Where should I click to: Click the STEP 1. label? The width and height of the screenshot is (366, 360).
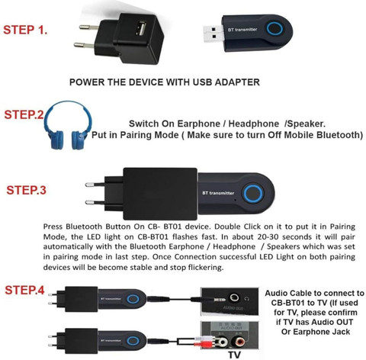pos(25,30)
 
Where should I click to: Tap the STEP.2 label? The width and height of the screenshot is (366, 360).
pos(24,114)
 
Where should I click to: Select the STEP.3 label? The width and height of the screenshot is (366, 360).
pos(26,190)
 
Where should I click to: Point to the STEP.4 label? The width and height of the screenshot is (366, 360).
pos(24,290)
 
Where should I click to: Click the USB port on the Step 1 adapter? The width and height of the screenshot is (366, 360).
pos(141,28)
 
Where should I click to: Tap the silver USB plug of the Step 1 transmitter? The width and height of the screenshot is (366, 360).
pos(213,33)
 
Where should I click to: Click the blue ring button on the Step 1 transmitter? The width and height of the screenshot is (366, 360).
pos(274,28)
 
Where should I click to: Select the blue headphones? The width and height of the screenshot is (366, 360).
pos(68,125)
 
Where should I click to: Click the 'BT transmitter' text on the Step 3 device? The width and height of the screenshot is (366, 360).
pos(218,193)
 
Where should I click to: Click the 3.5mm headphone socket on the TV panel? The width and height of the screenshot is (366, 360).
pos(234,297)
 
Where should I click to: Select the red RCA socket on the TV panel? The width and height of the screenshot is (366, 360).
pos(240,342)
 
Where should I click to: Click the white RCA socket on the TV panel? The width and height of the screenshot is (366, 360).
pos(221,342)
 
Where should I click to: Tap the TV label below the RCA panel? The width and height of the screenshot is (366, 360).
pos(234,355)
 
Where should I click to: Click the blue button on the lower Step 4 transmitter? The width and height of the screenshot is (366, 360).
pos(133,341)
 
